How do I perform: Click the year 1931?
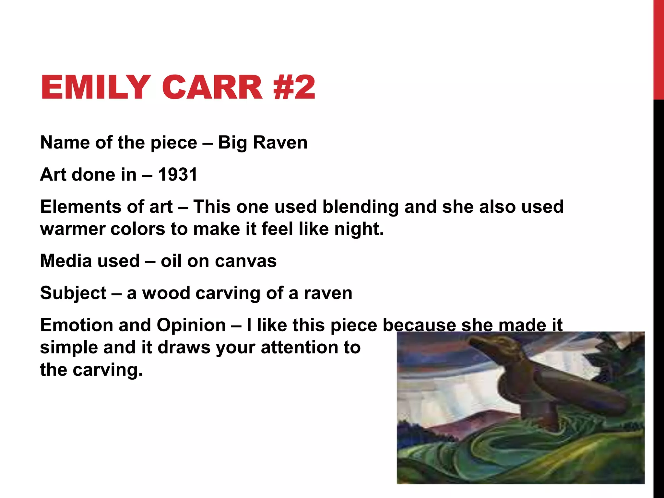click(178, 175)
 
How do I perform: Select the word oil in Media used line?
click(171, 261)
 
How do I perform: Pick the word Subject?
click(73, 293)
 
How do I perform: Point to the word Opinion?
click(191, 325)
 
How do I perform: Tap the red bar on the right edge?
click(658, 49)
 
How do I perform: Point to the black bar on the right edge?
click(658, 292)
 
